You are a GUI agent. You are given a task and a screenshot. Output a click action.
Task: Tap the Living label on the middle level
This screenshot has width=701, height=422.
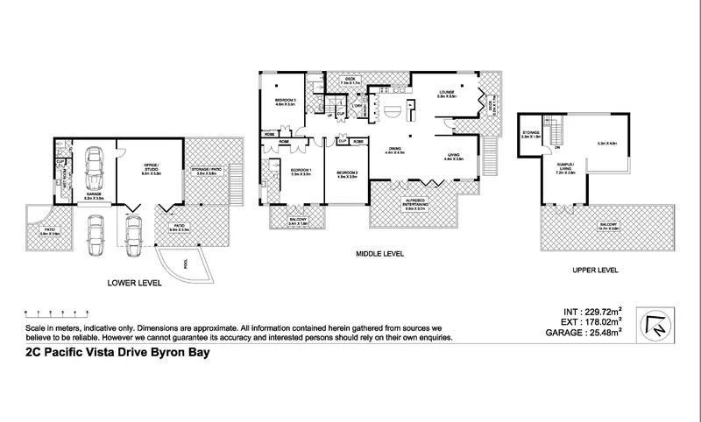pyautogui.click(x=453, y=156)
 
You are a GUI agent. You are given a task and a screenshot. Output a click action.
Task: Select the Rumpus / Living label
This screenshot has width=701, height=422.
pyautogui.click(x=564, y=171)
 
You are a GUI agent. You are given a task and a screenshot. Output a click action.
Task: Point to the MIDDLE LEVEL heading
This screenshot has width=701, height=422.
pyautogui.click(x=379, y=254)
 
